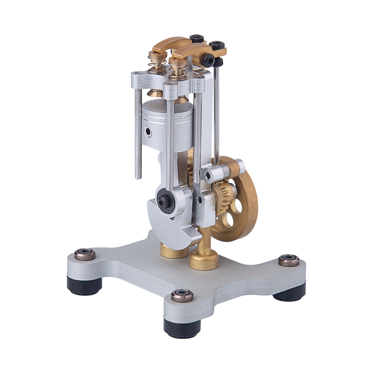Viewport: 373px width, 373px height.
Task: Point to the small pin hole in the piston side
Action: click(x=148, y=131)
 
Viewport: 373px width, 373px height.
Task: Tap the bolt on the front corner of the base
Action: click(x=182, y=295)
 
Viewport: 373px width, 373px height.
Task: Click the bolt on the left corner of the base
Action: click(x=85, y=254)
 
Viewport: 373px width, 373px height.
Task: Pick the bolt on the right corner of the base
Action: click(x=289, y=260)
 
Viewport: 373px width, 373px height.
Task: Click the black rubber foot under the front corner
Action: click(x=182, y=327)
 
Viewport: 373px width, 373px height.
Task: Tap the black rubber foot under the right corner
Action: click(x=290, y=293)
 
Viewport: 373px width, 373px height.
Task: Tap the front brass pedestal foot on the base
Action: click(x=203, y=259)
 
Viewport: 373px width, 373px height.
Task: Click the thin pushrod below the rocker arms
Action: click(x=217, y=112)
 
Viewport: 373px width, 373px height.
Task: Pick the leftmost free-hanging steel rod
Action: click(x=138, y=136)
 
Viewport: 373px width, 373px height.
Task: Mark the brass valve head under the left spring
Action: click(x=156, y=92)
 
